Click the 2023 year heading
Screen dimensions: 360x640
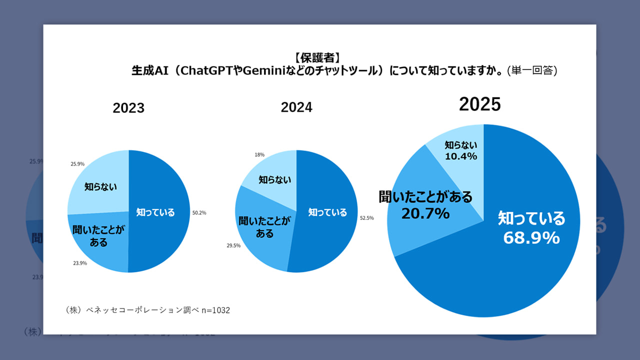(x=128, y=108)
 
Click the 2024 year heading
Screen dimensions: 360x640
(x=296, y=107)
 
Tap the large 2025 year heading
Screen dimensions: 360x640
(x=480, y=104)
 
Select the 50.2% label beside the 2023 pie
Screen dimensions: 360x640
(x=199, y=212)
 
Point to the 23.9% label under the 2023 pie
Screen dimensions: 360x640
(x=80, y=263)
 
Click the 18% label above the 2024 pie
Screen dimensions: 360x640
(x=260, y=155)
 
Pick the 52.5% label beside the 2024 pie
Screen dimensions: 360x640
(x=367, y=218)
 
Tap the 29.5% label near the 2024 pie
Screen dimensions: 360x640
(x=233, y=245)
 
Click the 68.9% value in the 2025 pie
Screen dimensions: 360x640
(x=531, y=238)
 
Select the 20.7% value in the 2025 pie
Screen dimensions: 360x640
(x=425, y=213)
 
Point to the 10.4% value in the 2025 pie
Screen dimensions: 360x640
(x=461, y=156)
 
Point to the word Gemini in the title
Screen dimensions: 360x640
(x=264, y=70)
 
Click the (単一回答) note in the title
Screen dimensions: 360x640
(x=532, y=70)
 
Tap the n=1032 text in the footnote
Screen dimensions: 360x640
(x=215, y=310)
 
